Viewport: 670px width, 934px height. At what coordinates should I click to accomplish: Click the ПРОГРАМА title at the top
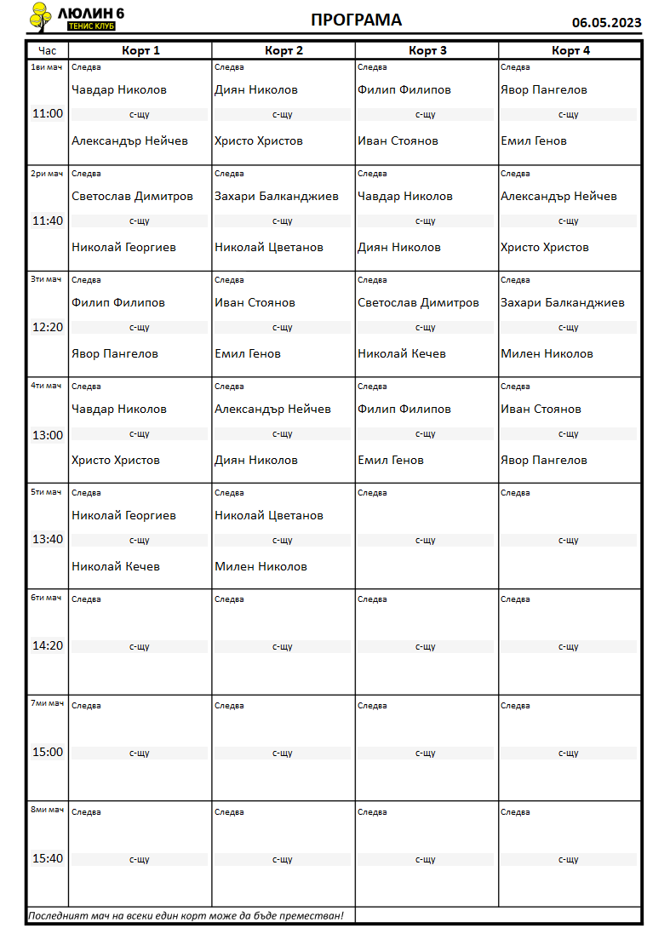pos(356,20)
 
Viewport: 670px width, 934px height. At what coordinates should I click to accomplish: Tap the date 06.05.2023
pos(606,23)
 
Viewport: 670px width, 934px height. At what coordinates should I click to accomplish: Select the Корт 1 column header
pos(140,50)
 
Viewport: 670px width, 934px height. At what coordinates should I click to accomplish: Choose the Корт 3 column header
pos(427,50)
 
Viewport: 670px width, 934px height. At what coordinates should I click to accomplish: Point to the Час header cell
pos(48,50)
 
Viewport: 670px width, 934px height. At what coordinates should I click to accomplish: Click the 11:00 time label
pos(48,113)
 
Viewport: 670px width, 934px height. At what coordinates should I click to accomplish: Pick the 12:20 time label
pos(48,326)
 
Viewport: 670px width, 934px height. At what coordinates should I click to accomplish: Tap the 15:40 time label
pos(48,858)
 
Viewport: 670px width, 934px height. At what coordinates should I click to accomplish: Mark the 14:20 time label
pos(48,645)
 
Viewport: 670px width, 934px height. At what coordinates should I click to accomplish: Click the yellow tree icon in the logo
pos(39,15)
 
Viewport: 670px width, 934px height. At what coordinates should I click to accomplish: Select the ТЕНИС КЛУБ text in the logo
pos(91,26)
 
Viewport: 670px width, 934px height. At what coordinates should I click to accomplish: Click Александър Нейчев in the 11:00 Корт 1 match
pos(129,140)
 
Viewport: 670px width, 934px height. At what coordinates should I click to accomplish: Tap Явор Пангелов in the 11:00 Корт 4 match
pos(543,89)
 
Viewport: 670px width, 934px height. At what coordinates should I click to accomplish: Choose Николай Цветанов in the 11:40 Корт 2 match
pos(269,247)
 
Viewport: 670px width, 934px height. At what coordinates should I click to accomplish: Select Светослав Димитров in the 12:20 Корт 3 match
pos(418,302)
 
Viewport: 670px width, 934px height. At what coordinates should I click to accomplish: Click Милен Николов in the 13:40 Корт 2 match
pos(261,566)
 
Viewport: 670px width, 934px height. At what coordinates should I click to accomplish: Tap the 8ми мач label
pos(47,810)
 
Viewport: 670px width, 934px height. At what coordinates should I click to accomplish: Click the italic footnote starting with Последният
pos(186,915)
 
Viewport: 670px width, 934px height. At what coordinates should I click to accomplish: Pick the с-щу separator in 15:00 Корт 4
pos(568,753)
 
